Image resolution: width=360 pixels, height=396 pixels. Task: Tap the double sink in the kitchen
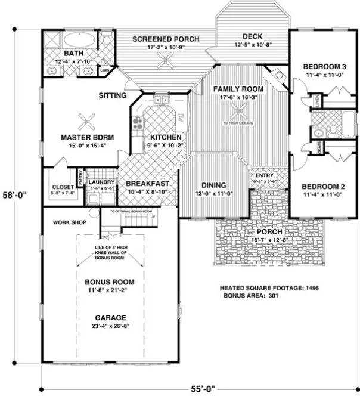tap(162, 99)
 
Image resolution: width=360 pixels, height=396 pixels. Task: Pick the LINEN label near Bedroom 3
tap(317, 100)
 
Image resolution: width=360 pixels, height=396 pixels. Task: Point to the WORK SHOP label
tap(70, 223)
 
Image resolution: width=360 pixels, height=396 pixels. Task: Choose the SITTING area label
tap(112, 95)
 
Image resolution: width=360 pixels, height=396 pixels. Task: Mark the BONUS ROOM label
tap(109, 281)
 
